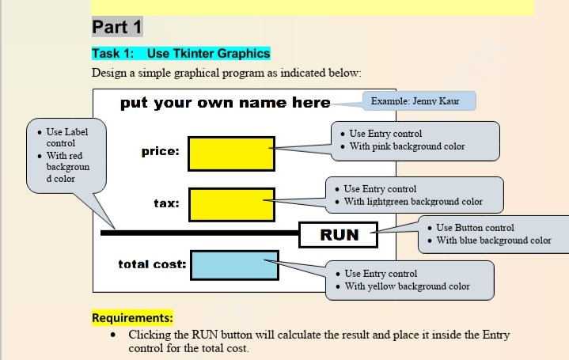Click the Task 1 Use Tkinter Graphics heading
tap(181, 54)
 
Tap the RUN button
tap(339, 235)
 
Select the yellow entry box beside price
tap(231, 153)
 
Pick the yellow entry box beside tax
tap(231, 205)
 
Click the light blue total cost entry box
tap(234, 265)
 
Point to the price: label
tap(161, 151)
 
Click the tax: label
tap(166, 203)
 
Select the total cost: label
tap(152, 263)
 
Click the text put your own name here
tap(226, 103)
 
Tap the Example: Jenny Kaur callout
tap(419, 100)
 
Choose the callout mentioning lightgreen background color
tap(415, 195)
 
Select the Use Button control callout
tap(492, 234)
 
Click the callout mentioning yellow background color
tap(408, 279)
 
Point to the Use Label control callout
tap(66, 155)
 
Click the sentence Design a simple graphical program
tap(226, 73)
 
